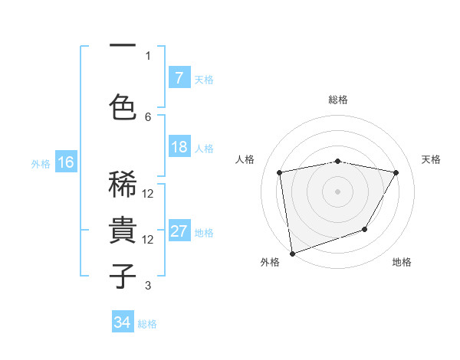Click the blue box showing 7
(179, 77)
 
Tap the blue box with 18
(179, 148)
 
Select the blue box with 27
(179, 231)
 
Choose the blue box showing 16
(65, 162)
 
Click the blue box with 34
(123, 322)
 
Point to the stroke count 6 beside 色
(148, 116)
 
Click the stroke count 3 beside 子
(148, 286)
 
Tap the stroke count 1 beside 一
(148, 56)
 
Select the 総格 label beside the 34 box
(147, 324)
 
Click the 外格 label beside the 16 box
(40, 163)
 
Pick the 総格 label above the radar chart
(337, 100)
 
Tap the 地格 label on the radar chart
(402, 262)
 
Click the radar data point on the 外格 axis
(291, 253)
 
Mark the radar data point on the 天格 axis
(396, 172)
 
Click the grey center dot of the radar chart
(337, 191)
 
